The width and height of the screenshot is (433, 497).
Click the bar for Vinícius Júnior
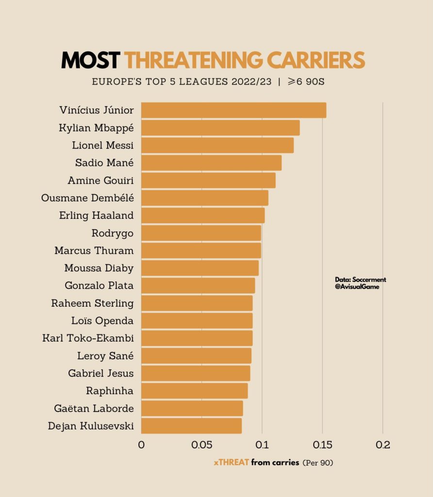pos(233,110)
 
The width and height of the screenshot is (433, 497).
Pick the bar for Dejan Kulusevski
pos(191,426)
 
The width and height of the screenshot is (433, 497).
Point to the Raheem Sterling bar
pos(197,303)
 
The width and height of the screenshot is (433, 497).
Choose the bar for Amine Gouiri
pos(208,180)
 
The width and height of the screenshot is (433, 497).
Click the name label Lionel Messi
pos(102,145)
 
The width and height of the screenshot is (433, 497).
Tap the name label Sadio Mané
pos(104,163)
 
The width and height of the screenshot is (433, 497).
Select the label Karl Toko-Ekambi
pos(88,338)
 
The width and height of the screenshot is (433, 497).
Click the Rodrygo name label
pos(112,233)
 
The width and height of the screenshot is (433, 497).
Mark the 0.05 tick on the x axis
pos(202,445)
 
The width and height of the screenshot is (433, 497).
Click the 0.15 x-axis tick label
pos(322,445)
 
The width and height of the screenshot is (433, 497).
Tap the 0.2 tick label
pos(383,445)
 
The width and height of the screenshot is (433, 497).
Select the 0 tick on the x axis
pos(141,445)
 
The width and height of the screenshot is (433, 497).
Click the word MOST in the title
pos(90,60)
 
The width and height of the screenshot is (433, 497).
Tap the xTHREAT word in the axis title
pos(231,463)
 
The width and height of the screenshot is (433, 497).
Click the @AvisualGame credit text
pos(357,287)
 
